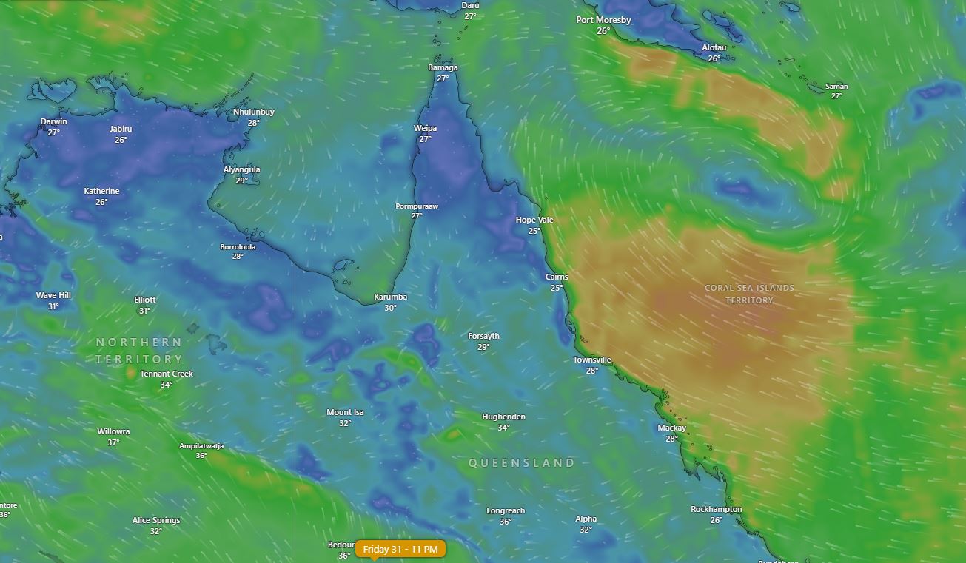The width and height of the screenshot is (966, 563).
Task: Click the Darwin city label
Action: tap(53, 122)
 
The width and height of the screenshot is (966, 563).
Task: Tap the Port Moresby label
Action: tap(603, 21)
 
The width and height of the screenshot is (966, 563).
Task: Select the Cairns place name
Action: tap(557, 277)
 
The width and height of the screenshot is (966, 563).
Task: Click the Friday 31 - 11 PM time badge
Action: tap(400, 549)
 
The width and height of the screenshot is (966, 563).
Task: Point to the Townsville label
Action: tap(592, 360)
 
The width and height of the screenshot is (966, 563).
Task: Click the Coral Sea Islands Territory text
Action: tap(749, 294)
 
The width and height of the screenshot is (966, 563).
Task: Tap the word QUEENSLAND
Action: tap(522, 463)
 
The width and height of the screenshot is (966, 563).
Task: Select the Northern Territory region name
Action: tap(138, 351)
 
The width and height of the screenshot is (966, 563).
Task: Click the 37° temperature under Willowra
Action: tap(113, 442)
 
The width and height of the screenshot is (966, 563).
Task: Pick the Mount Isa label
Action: tap(345, 413)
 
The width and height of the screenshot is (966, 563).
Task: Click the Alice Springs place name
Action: tap(156, 521)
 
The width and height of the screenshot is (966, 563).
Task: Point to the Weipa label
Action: tap(425, 129)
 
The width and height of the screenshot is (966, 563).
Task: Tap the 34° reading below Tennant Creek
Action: tap(167, 385)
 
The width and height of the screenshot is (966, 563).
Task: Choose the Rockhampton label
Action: tap(716, 510)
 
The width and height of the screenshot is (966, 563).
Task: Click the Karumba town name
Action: tap(390, 297)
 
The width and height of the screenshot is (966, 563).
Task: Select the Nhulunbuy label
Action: tap(254, 112)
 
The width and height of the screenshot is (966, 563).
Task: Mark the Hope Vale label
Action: tap(534, 220)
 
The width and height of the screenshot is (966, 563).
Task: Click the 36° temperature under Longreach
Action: tap(506, 522)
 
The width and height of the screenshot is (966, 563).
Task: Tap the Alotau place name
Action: tap(714, 48)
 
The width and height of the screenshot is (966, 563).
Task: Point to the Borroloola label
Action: tap(238, 247)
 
